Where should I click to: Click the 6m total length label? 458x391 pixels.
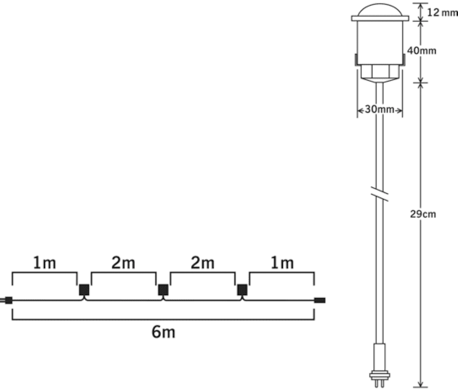point(163,332)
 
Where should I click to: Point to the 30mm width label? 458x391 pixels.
point(380,110)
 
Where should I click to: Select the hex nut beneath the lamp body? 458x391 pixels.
point(380,71)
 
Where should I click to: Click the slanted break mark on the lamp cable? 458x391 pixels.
point(380,195)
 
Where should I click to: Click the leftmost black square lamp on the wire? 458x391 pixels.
point(84,290)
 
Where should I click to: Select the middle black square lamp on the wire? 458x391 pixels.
point(163,290)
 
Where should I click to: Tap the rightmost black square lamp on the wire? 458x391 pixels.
point(242,290)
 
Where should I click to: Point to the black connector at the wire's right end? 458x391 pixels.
point(319,301)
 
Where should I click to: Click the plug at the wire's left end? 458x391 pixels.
point(6,301)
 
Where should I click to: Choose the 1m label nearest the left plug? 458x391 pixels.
point(44,263)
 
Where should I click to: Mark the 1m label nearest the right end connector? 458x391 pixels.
point(282,263)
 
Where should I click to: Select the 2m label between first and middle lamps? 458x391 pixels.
point(123,263)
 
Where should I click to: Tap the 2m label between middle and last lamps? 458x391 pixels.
point(202,263)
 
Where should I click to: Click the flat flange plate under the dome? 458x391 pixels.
point(380,18)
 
